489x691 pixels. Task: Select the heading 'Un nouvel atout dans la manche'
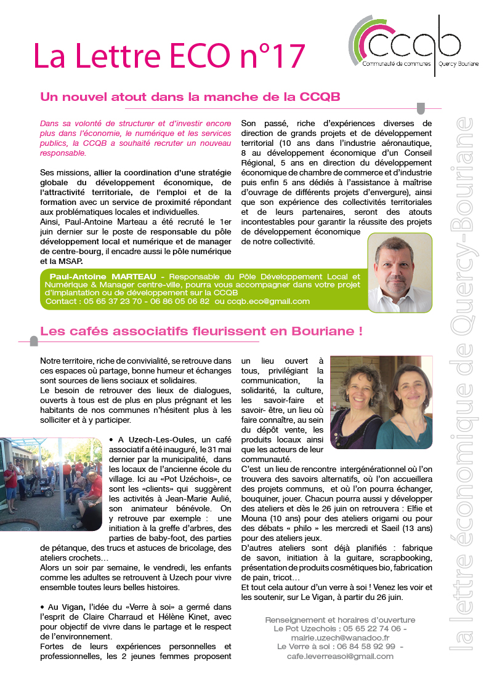[x=190, y=97]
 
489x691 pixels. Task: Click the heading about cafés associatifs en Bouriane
[x=201, y=331]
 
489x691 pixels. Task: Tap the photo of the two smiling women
[x=381, y=402]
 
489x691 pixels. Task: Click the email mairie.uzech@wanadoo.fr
[x=340, y=639]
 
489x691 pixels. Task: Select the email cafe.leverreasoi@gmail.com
[x=340, y=656]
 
